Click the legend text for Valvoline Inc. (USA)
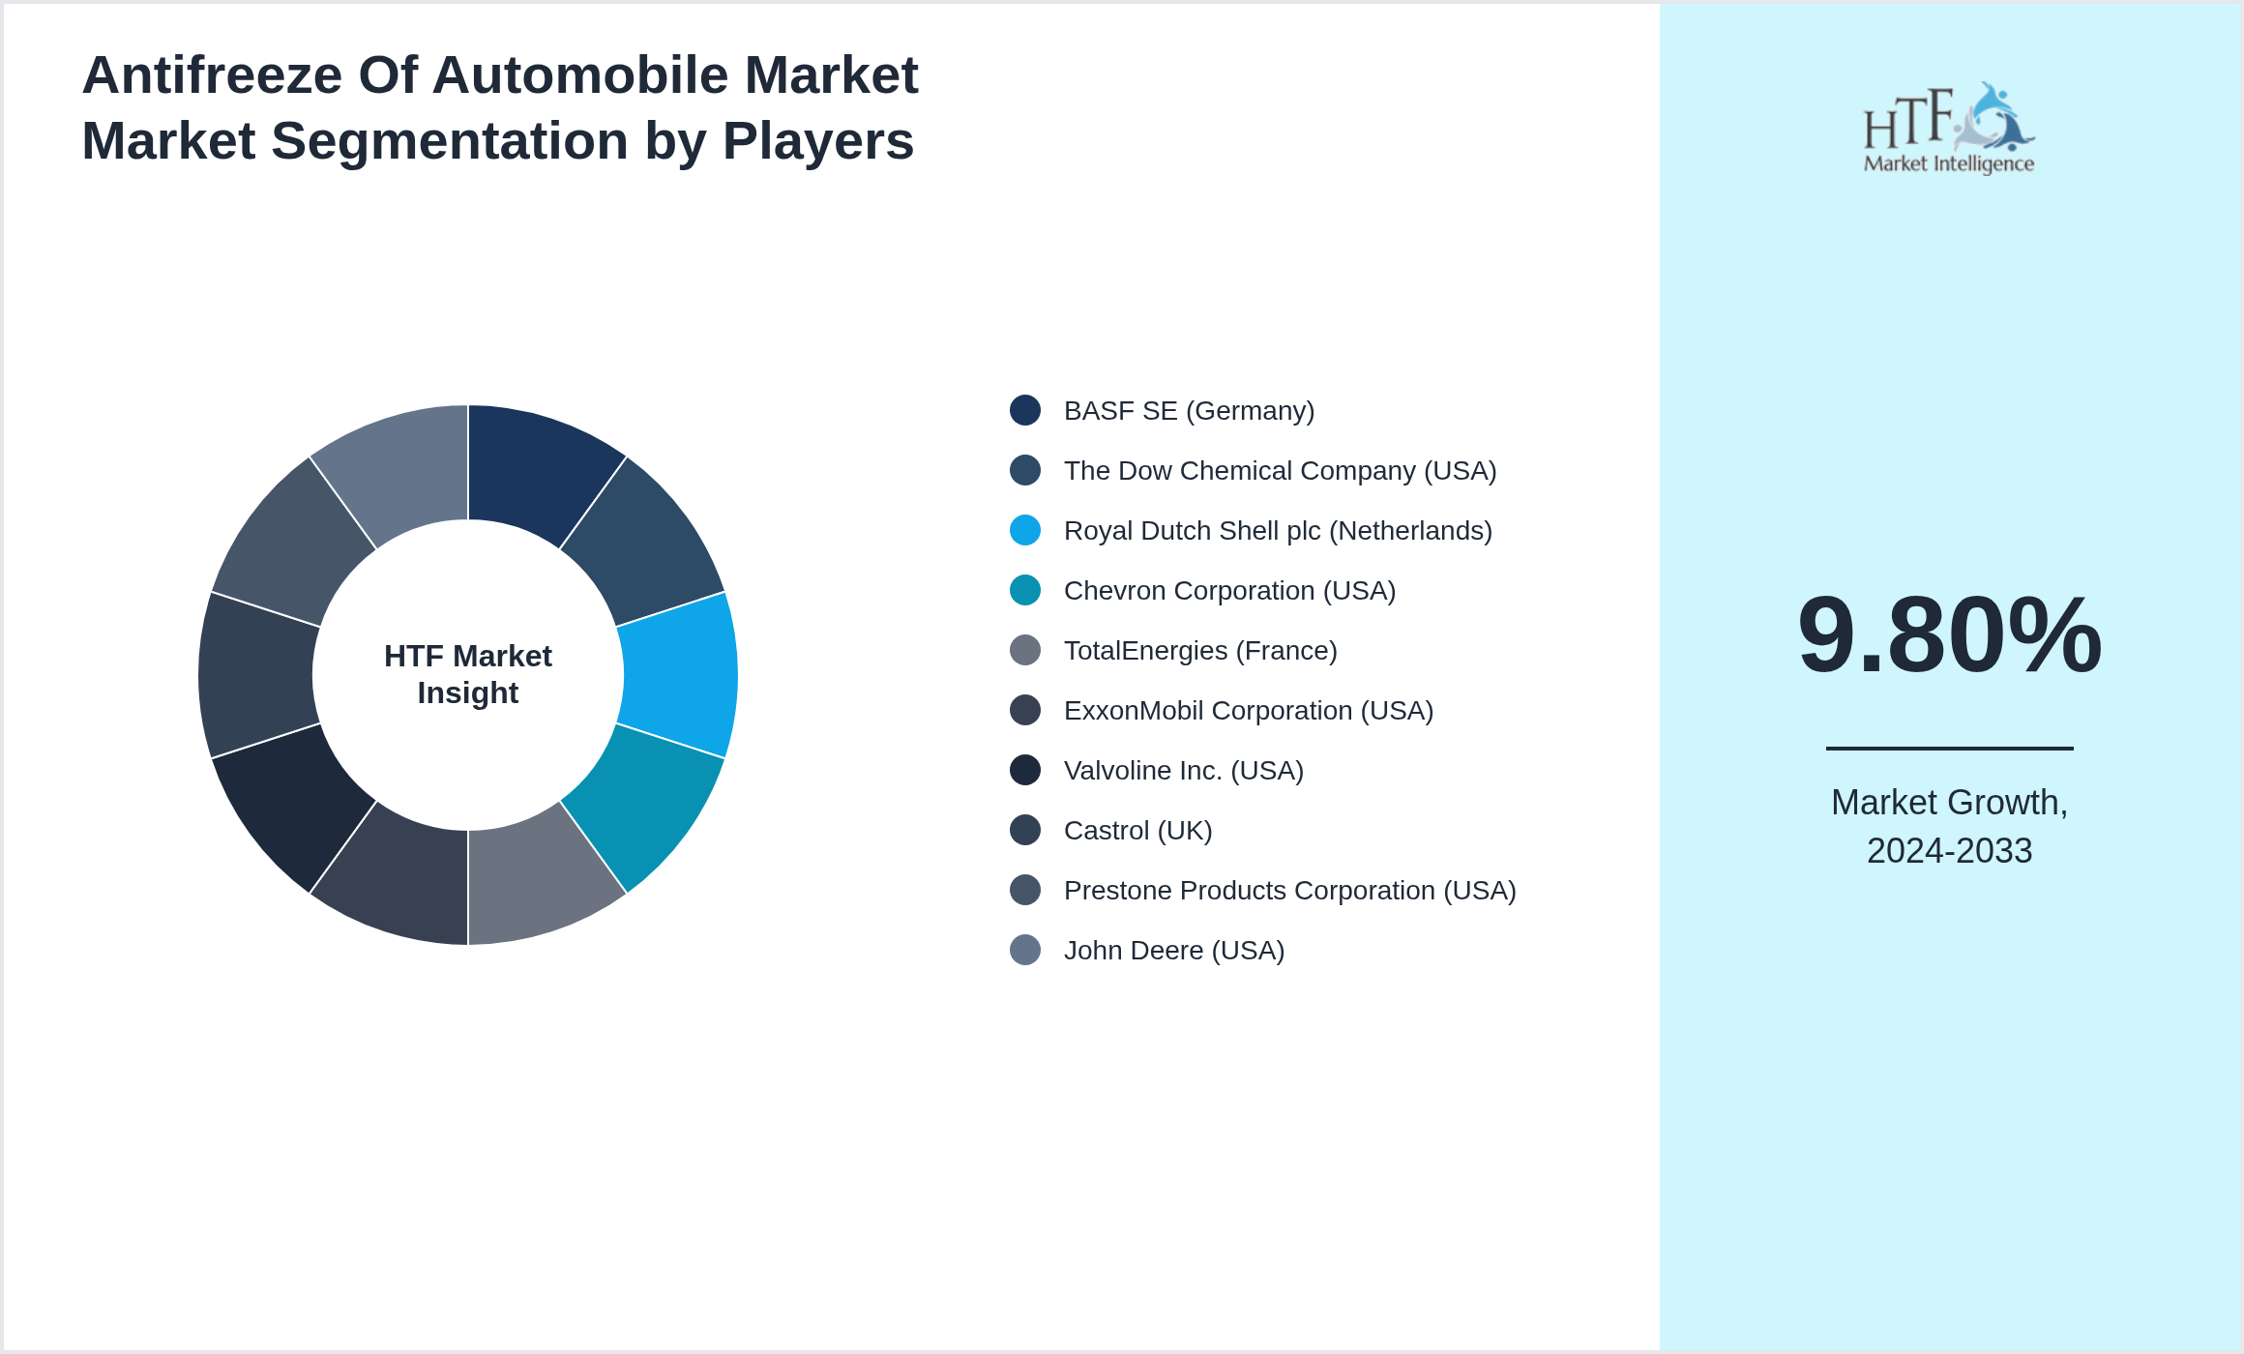pyautogui.click(x=1183, y=771)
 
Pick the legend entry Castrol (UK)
pyautogui.click(x=1137, y=831)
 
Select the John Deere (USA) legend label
pyautogui.click(x=1173, y=951)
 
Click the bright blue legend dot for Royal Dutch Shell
pyautogui.click(x=1025, y=531)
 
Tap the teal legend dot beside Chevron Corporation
pyautogui.click(x=1025, y=591)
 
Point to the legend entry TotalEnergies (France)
pyautogui.click(x=1199, y=651)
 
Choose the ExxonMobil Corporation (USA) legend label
pyautogui.click(x=1248, y=711)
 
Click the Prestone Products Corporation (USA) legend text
pyautogui.click(x=1289, y=891)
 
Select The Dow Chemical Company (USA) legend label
pyautogui.click(x=1280, y=471)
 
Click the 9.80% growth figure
pyautogui.click(x=1949, y=635)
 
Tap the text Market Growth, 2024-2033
pyautogui.click(x=1949, y=826)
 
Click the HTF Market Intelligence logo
pyautogui.click(x=1949, y=129)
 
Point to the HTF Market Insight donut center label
pyautogui.click(x=468, y=674)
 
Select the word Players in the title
pyautogui.click(x=817, y=141)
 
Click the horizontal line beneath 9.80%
pyautogui.click(x=1949, y=748)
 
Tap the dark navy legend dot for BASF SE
pyautogui.click(x=1025, y=411)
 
